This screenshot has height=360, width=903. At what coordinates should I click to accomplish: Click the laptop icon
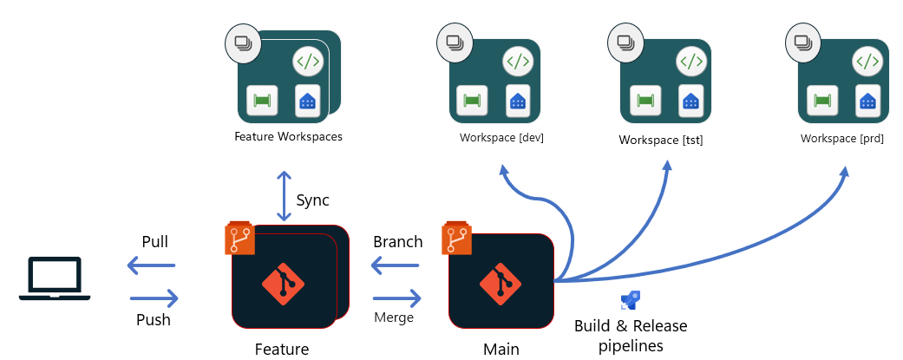[x=55, y=279]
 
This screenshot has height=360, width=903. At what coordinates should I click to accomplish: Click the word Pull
[x=154, y=241]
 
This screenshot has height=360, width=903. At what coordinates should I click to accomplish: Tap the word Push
[x=154, y=319]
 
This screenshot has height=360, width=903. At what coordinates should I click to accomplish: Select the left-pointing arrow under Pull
[x=152, y=265]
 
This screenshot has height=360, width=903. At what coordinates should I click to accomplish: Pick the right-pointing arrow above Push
[x=154, y=298]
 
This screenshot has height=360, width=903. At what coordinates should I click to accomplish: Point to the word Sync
[x=313, y=200]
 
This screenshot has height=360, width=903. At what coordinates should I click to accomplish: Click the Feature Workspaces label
[x=288, y=137]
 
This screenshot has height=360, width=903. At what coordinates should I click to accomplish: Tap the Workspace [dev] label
[x=501, y=138]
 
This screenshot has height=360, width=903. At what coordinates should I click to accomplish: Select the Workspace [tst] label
[x=660, y=139]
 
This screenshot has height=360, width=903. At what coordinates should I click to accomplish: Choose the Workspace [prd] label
[x=841, y=138]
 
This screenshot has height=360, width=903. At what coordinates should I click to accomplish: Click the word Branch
[x=397, y=242]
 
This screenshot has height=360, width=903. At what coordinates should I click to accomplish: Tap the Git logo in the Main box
[x=501, y=281]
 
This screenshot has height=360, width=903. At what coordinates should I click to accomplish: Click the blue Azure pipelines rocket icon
[x=630, y=301]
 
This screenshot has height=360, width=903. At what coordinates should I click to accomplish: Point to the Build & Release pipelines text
[x=631, y=336]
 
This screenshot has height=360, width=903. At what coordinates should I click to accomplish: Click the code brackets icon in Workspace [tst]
[x=690, y=62]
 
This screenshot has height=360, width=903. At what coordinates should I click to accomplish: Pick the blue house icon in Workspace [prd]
[x=867, y=100]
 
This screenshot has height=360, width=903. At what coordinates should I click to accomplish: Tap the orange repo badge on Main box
[x=456, y=239]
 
